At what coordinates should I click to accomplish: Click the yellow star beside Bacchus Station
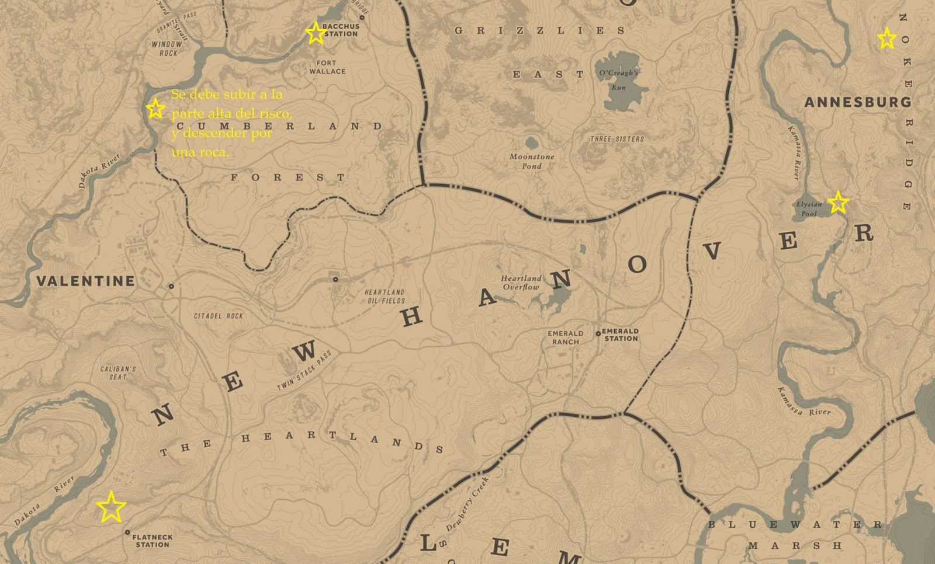(x=316, y=33)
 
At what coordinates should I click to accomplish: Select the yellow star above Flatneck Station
(x=111, y=506)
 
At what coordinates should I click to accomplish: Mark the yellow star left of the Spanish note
(x=155, y=109)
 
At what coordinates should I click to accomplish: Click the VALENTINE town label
(x=85, y=281)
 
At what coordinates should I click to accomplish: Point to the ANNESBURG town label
(x=857, y=102)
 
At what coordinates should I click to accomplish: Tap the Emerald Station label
(x=621, y=335)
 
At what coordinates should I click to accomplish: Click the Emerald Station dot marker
(x=598, y=334)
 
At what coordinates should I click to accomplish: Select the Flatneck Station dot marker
(x=127, y=532)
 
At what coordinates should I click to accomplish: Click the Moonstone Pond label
(x=532, y=161)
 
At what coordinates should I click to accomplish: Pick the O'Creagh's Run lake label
(x=618, y=79)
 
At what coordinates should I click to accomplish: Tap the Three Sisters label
(x=617, y=139)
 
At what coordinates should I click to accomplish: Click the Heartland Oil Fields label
(x=385, y=296)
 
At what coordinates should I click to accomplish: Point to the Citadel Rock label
(x=219, y=316)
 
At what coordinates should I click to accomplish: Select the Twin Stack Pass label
(x=304, y=371)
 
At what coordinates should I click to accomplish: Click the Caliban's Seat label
(x=118, y=373)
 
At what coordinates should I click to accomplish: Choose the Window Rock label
(x=167, y=48)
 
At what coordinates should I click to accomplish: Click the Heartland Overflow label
(x=521, y=283)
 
